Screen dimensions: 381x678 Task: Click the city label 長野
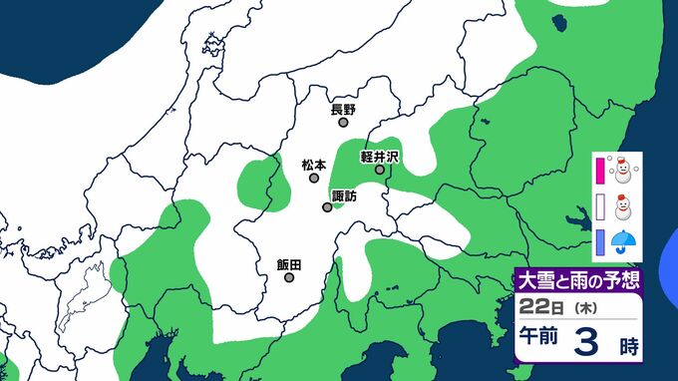[x=343, y=109]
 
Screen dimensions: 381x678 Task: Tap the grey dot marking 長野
[x=343, y=124]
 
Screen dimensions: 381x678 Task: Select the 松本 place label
[x=312, y=164]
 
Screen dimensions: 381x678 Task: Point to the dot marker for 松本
[x=313, y=179]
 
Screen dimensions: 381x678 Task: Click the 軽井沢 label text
[x=380, y=157]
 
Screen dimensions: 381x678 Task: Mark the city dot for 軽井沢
[x=380, y=171]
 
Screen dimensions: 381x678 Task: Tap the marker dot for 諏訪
[x=327, y=207]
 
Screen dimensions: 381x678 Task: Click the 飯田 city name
[x=288, y=264]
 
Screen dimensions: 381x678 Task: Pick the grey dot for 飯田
[x=289, y=278]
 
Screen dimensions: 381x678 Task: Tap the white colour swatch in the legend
[x=600, y=206]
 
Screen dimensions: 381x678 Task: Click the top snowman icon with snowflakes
[x=624, y=171]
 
